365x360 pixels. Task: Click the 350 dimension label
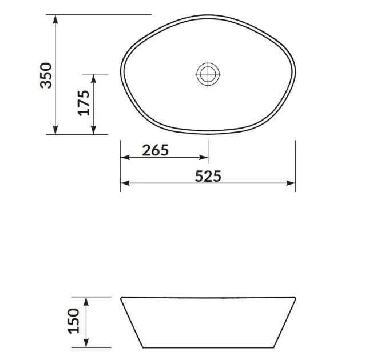[46, 75]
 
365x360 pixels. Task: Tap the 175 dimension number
[84, 103]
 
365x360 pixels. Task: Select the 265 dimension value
[155, 150]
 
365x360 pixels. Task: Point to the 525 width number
[208, 176]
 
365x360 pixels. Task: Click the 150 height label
[74, 321]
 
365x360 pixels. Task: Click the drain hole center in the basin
[208, 74]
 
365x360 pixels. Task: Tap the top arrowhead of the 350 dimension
[55, 19]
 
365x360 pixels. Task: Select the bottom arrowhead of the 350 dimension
[55, 130]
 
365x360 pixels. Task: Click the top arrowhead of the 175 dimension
[94, 79]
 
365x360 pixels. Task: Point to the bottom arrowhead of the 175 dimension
[94, 130]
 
